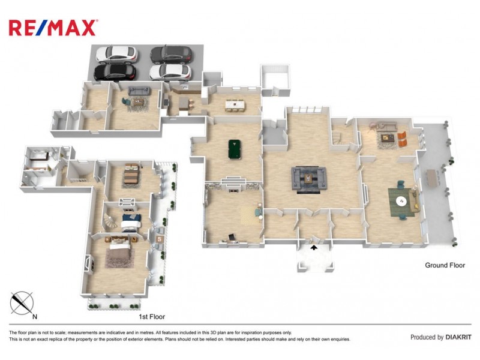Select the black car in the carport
(x=115, y=72)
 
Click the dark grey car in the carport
(x=172, y=55)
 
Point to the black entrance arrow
(x=313, y=247)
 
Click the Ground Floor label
(x=445, y=265)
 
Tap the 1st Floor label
(x=152, y=317)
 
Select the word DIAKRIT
(x=458, y=337)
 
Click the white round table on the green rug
(x=401, y=201)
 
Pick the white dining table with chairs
(x=235, y=104)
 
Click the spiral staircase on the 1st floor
(x=110, y=220)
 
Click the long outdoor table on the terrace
(x=432, y=178)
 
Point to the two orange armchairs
(x=403, y=139)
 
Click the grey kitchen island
(x=184, y=103)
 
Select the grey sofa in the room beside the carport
(x=139, y=91)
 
